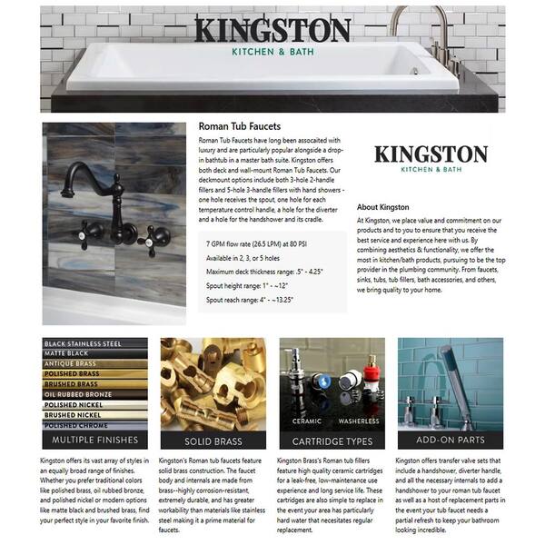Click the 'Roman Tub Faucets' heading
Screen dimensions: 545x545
pyautogui.click(x=239, y=126)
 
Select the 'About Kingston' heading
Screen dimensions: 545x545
pyautogui.click(x=382, y=207)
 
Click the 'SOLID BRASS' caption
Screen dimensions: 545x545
pyautogui.click(x=212, y=441)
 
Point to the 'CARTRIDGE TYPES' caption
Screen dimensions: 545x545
pyautogui.click(x=331, y=441)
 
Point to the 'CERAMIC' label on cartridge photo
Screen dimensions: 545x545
pyautogui.click(x=306, y=421)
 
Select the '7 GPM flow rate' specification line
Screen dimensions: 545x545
pyautogui.click(x=255, y=243)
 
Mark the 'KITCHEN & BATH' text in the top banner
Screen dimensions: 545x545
pyautogui.click(x=272, y=52)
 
